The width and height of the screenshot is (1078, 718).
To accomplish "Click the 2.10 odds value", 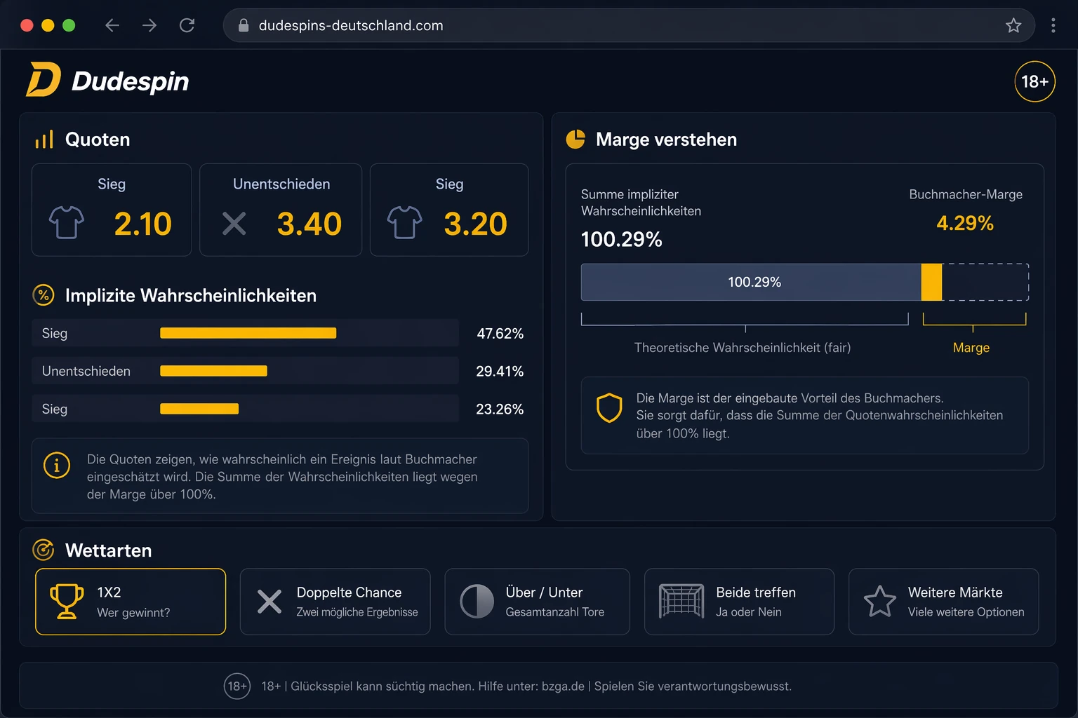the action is click(143, 224).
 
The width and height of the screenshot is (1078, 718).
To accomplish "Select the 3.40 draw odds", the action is click(310, 224).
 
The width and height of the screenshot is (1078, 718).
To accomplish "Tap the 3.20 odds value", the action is click(475, 224).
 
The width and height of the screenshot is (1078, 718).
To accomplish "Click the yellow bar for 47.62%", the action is click(248, 333).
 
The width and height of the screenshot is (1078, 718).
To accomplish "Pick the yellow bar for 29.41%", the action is click(213, 371).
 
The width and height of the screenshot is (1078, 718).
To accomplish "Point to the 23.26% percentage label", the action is click(500, 409).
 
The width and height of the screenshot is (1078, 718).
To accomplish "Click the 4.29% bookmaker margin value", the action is click(965, 223).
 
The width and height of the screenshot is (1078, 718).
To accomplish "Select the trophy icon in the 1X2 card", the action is click(67, 601).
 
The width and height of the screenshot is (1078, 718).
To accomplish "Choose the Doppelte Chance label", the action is click(349, 592).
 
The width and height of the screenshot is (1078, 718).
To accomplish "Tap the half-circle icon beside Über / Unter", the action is click(477, 601).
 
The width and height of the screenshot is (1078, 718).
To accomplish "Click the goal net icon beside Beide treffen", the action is click(681, 601).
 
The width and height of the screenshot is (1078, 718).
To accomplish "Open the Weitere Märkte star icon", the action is click(879, 601).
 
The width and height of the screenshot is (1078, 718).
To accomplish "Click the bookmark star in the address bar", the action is click(1013, 25).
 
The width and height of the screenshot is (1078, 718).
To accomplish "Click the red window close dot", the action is click(27, 25).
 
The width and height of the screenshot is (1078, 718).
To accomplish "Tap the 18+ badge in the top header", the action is click(1034, 81).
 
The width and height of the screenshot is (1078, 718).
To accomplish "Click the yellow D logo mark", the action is click(44, 79).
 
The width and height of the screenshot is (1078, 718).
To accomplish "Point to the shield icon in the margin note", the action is click(609, 408).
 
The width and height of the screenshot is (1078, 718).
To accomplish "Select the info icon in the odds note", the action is click(57, 465).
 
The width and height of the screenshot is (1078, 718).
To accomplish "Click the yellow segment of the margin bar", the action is click(932, 283).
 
